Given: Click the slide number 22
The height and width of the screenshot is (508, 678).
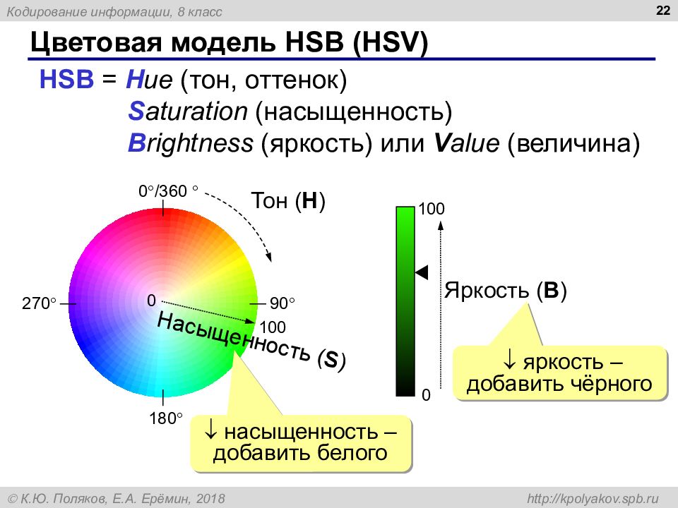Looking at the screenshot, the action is click(662, 11).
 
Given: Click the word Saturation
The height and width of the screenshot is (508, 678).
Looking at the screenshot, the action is click(188, 111).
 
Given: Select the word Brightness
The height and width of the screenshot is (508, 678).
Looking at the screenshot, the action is click(190, 144).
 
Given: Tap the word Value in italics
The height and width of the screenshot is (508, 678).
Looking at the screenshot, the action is click(467, 143).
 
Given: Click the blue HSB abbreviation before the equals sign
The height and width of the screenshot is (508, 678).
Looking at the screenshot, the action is click(66, 80).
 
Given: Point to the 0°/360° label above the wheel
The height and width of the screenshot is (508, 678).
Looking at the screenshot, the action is click(168, 190).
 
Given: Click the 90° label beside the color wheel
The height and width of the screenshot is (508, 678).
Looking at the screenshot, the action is click(282, 303).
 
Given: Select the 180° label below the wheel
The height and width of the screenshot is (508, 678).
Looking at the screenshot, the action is click(166, 418).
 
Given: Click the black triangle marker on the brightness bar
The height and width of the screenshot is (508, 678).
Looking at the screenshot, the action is click(422, 272).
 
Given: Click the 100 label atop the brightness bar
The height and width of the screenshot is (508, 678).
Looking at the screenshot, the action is click(431, 209).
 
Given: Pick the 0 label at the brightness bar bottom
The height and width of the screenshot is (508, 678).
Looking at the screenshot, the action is click(426, 395).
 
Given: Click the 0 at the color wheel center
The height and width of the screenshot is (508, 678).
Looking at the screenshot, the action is click(151, 301).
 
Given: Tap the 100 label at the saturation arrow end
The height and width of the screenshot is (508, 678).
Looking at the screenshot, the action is click(273, 327).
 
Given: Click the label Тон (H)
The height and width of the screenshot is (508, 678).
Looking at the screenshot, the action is click(288, 201).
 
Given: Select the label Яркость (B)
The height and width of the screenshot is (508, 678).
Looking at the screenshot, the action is click(506, 290).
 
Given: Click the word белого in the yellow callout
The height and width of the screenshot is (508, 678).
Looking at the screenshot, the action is click(352, 452).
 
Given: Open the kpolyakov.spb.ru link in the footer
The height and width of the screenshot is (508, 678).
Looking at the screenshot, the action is click(593, 499).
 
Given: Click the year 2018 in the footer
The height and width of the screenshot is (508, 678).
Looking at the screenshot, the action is click(210, 499).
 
